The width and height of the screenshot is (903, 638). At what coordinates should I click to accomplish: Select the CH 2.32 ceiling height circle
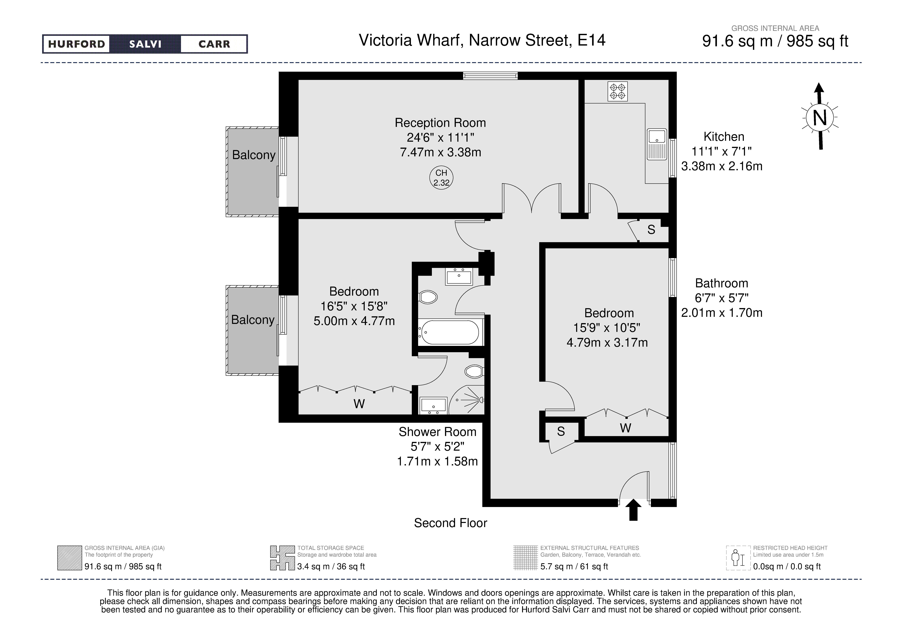[x=441, y=178]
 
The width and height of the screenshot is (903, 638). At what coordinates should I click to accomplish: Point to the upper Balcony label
[x=254, y=155]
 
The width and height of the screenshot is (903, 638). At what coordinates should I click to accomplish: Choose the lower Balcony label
[x=252, y=320]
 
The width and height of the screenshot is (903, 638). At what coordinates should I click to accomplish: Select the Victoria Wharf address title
[x=482, y=40]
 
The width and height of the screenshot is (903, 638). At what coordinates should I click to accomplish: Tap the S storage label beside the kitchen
[x=651, y=230]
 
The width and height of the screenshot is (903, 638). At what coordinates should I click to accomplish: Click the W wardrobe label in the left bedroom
[x=359, y=404]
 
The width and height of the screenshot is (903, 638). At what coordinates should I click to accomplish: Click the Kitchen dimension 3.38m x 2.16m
[x=722, y=166]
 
